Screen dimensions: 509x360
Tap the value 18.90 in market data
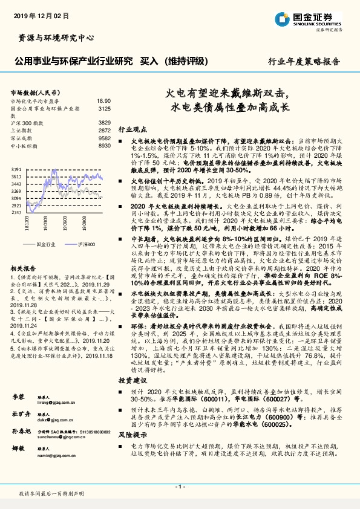click(x=103, y=101)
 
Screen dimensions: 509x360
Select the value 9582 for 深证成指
click(x=104, y=138)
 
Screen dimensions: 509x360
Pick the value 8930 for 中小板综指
click(x=104, y=146)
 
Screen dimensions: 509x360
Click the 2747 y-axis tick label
click(x=16, y=213)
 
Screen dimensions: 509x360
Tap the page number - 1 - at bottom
click(x=180, y=485)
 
